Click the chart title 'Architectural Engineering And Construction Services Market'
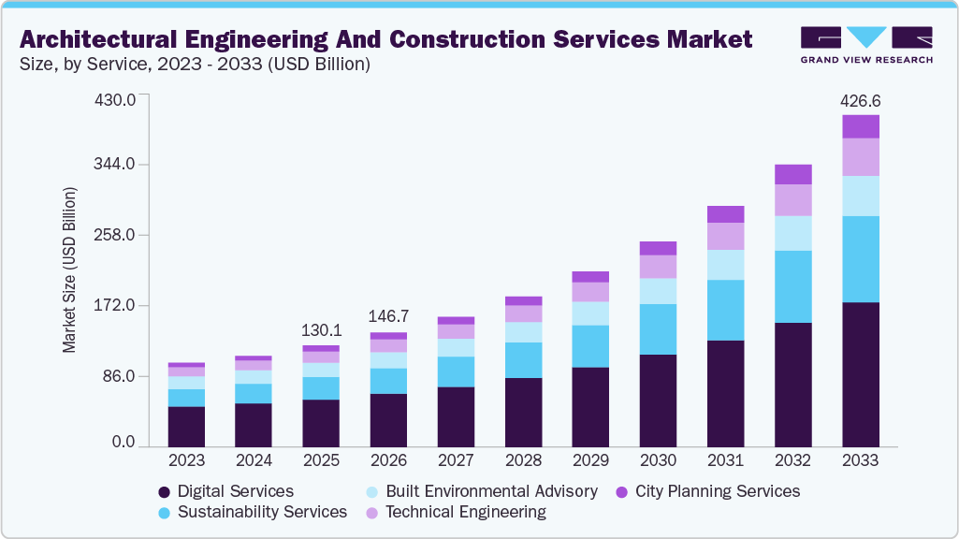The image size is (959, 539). click(385, 39)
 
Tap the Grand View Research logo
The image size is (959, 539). click(865, 44)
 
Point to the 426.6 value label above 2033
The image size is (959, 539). click(860, 101)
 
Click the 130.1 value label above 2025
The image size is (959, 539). click(321, 331)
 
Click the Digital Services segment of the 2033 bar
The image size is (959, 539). click(860, 374)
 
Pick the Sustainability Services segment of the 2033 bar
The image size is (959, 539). click(860, 259)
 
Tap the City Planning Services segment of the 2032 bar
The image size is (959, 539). click(792, 174)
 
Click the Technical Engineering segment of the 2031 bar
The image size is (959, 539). click(725, 236)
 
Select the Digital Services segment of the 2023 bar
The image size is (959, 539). click(186, 427)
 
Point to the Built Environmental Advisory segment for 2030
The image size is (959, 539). click(658, 291)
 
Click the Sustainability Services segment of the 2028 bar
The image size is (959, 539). click(523, 360)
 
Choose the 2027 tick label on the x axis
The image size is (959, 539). click(456, 461)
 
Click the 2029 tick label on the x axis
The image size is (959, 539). click(590, 461)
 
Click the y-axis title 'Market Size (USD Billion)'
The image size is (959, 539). click(69, 270)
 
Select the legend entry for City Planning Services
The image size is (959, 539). click(707, 491)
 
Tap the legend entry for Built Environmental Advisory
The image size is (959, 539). click(481, 491)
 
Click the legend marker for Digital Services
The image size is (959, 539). click(165, 492)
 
